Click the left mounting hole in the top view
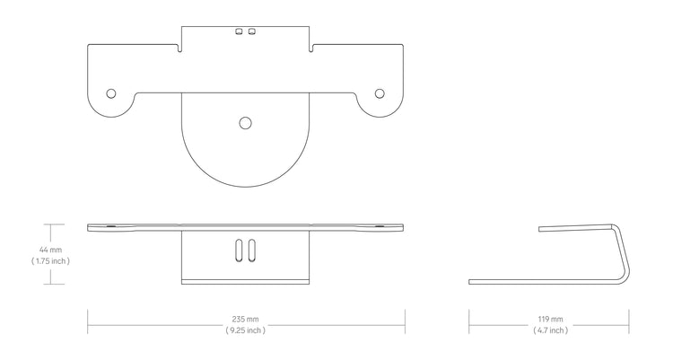pos(111,93)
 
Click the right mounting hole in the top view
pos(380,93)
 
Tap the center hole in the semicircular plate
pos(246,123)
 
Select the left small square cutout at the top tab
pos(239,31)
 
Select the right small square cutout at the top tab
pos(252,31)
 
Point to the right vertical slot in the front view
pos(252,251)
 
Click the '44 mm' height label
pos(50,249)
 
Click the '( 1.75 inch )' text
pos(50,261)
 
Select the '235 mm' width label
pos(246,319)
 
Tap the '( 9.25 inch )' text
pos(246,330)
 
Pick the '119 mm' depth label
pos(549,319)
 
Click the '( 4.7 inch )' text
pos(549,330)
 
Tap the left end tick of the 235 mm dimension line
pos(87,319)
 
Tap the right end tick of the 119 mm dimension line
pos(629,319)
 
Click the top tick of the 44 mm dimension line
pos(50,224)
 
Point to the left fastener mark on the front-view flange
pos(110,227)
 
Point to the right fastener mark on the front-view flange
pos(380,227)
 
